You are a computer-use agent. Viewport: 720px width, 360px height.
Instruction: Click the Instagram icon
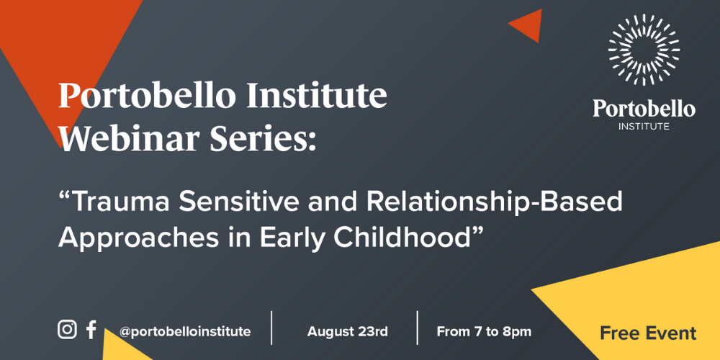pyautogui.click(x=67, y=330)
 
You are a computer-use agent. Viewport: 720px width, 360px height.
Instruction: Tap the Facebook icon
pyautogui.click(x=91, y=330)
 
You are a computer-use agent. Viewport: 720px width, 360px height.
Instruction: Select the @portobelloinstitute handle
pyautogui.click(x=184, y=332)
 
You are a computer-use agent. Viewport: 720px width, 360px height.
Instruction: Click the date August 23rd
pyautogui.click(x=347, y=332)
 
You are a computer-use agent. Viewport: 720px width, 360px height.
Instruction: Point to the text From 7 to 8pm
pyautogui.click(x=484, y=332)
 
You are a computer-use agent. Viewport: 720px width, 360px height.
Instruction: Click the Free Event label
pyautogui.click(x=648, y=333)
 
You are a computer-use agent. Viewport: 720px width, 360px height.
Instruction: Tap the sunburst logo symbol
pyautogui.click(x=644, y=50)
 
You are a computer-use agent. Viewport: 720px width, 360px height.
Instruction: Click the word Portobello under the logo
pyautogui.click(x=644, y=109)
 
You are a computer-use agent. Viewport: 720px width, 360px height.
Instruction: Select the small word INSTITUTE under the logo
pyautogui.click(x=644, y=127)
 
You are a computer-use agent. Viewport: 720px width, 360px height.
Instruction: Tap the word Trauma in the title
pyautogui.click(x=122, y=202)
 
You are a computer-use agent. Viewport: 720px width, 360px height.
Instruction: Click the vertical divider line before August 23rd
pyautogui.click(x=271, y=328)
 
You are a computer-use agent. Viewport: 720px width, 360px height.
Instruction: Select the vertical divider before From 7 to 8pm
pyautogui.click(x=418, y=328)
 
